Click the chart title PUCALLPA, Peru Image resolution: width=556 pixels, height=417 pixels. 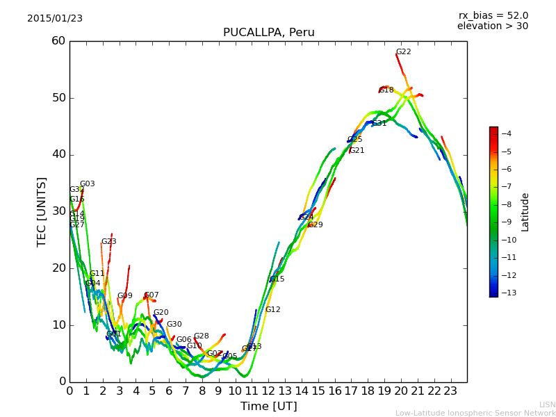click(268, 33)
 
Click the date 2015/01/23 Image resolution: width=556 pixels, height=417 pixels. click(55, 19)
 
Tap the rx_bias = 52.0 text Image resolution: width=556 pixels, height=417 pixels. click(493, 16)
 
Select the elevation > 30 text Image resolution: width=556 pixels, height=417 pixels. click(492, 26)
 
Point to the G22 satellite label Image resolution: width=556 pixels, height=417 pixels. click(403, 52)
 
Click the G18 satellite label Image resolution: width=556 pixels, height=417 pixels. click(386, 90)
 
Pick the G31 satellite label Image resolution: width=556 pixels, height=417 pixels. click(379, 124)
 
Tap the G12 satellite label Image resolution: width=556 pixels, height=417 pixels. click(272, 310)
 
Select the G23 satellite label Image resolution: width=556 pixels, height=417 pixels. click(108, 242)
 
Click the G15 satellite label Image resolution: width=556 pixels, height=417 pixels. click(277, 279)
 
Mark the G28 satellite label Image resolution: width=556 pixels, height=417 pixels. click(201, 336)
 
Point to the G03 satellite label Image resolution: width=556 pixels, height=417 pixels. click(87, 184)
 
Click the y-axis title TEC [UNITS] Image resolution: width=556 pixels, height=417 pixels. click(42, 211)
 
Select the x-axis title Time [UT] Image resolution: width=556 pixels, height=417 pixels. click(268, 406)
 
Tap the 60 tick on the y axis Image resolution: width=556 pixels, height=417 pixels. click(58, 41)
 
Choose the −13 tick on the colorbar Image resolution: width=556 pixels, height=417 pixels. click(505, 293)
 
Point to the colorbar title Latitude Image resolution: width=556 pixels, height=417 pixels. click(525, 211)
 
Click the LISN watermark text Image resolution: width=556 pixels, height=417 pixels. click(547, 404)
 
